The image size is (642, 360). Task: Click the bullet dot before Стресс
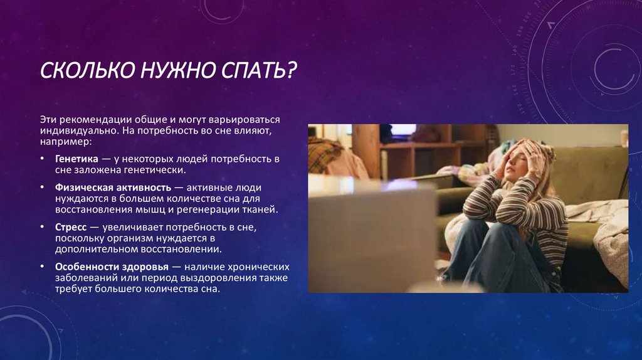[42, 227]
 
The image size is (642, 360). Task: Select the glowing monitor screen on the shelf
[403, 130]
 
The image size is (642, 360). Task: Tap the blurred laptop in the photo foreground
[370, 232]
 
